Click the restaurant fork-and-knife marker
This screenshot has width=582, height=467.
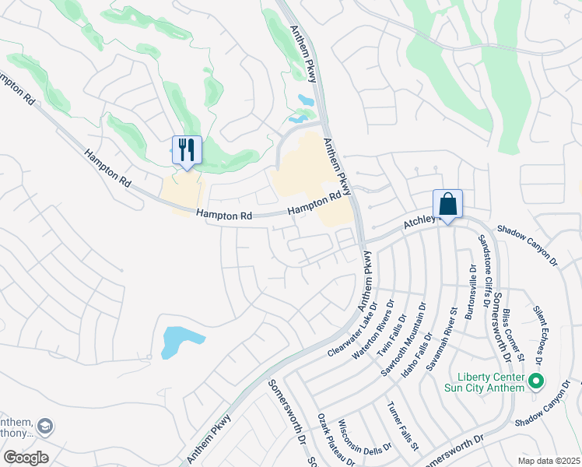(x=187, y=149)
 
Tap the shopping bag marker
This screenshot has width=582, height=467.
(x=447, y=205)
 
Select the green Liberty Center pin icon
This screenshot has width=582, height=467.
(x=535, y=381)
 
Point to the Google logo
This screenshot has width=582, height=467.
(x=26, y=458)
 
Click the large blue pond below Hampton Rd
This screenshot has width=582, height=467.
(x=181, y=342)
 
